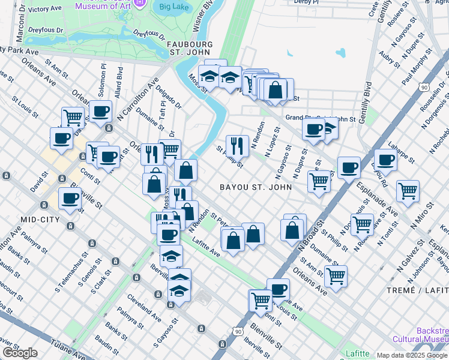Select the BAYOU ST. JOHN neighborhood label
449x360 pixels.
click(x=256, y=187)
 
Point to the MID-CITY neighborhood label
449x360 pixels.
click(x=40, y=220)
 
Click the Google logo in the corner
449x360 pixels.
click(x=20, y=353)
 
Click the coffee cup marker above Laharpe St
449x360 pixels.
click(x=385, y=160)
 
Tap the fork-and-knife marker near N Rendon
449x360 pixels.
click(x=237, y=145)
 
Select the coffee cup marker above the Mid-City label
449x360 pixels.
click(x=70, y=198)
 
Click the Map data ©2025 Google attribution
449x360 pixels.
click(x=412, y=355)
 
